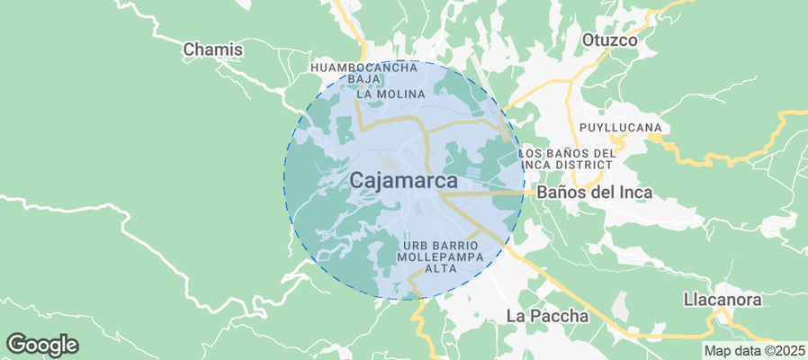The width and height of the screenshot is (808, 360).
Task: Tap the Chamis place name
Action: pos(213,49)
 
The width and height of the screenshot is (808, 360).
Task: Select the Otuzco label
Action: pos(609,40)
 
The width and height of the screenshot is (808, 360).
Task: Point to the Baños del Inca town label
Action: pos(594,193)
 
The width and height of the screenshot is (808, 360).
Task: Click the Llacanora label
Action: pos(723,300)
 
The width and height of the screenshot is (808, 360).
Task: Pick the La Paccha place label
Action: pos(547,316)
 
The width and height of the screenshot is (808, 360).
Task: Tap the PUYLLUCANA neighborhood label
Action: pos(621,127)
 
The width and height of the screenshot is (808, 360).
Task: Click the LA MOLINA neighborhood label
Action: pos(391,94)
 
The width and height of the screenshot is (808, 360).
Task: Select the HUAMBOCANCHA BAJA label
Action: pos(364,74)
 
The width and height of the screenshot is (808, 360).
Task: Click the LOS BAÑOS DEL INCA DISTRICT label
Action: pos(569,159)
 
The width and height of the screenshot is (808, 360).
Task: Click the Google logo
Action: pos(42,344)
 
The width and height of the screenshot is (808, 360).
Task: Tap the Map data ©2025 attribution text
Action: pos(753,351)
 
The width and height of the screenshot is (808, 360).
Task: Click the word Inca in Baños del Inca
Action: pos(633,193)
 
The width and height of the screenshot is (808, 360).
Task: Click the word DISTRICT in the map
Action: pos(587,166)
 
